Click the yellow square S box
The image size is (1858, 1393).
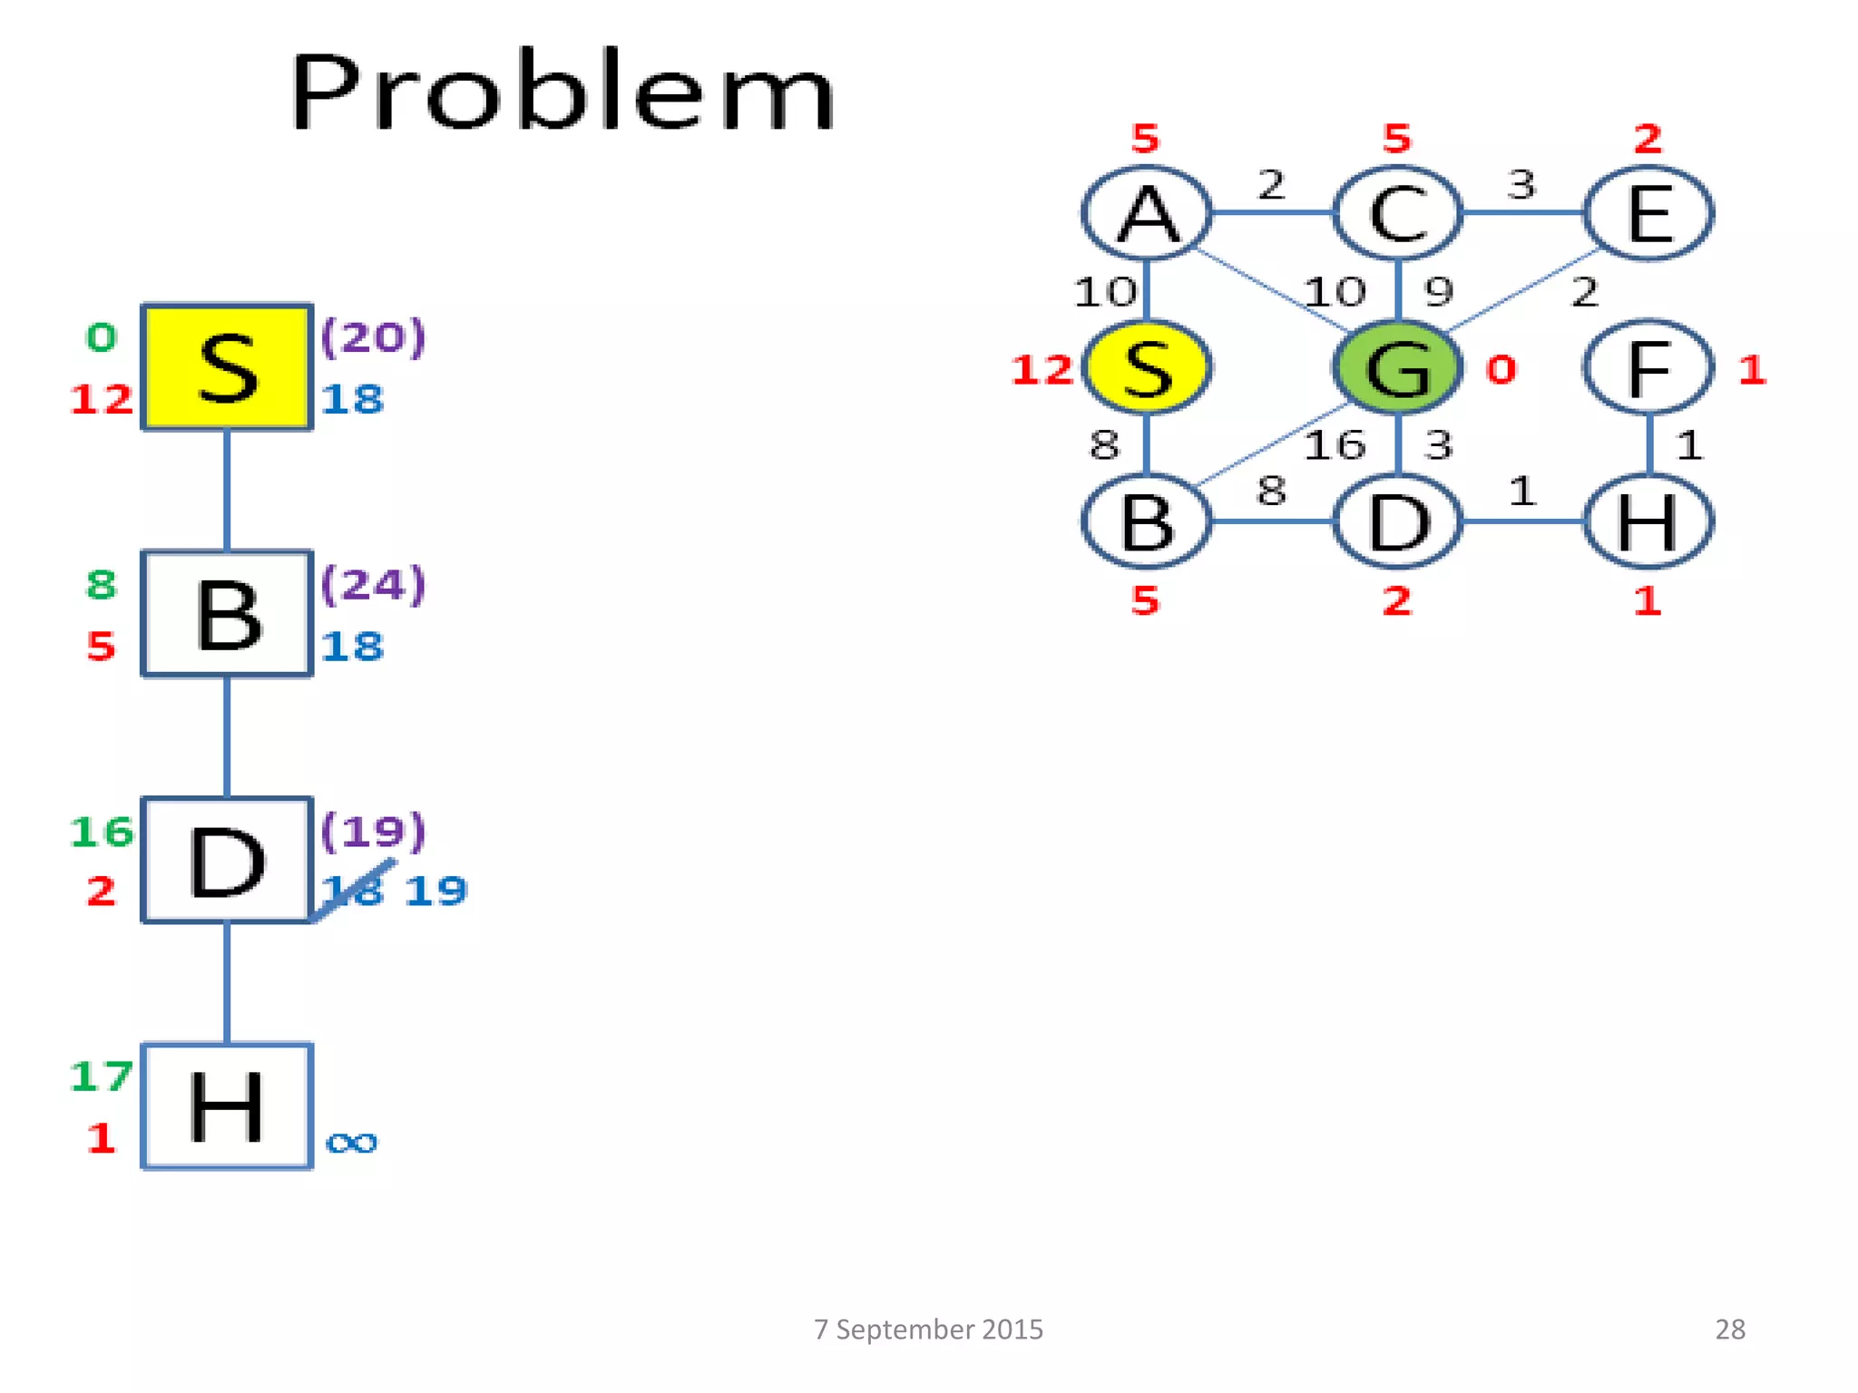pos(227,367)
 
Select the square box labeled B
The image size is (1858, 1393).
pos(227,614)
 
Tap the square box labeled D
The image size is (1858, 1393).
pos(227,861)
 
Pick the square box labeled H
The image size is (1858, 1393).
pos(227,1106)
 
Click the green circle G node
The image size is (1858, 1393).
pos(1397,367)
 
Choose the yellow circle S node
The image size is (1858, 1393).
pos(1147,367)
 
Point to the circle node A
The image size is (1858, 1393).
pos(1147,213)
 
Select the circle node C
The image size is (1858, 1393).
pos(1397,213)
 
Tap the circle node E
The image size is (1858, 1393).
pos(1648,213)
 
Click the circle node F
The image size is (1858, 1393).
pos(1648,367)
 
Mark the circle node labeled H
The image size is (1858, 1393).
pos(1648,522)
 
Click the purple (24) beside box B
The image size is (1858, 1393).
pos(373,585)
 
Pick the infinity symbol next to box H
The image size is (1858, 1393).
pos(351,1142)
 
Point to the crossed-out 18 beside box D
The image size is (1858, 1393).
pos(353,891)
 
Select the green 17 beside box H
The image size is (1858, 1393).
pos(101,1076)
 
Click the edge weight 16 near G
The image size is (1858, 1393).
pos(1335,445)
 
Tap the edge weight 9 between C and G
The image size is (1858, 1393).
pos(1439,292)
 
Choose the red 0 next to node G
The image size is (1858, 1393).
pos(1501,369)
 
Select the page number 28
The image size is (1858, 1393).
pos(1730,1330)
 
